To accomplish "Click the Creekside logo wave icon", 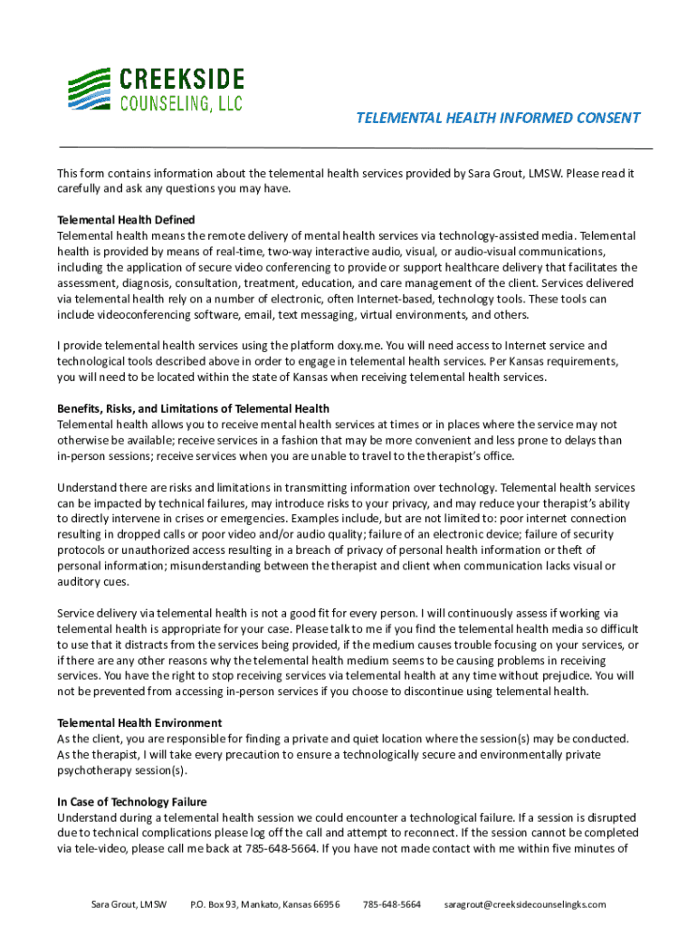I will click(x=91, y=90).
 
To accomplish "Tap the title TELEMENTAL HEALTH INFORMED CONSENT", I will click(x=497, y=118).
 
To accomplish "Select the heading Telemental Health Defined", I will click(x=126, y=220).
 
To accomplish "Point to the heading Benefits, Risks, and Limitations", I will click(x=193, y=408).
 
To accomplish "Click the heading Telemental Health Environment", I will click(x=139, y=722).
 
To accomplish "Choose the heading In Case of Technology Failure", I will click(x=132, y=801).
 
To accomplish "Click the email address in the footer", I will click(x=525, y=903).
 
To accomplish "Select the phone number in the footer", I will click(x=392, y=903).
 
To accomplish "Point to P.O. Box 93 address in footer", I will click(x=265, y=903).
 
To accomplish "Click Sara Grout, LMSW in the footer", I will click(x=129, y=903).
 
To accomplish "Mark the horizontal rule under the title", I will click(x=355, y=148).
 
